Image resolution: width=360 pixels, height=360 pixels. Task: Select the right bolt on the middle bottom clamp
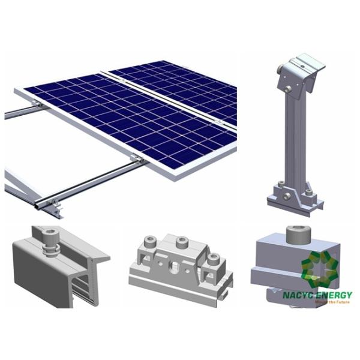pyautogui.click(x=212, y=259)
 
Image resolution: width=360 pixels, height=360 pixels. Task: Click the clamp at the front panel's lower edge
pyautogui.click(x=137, y=160)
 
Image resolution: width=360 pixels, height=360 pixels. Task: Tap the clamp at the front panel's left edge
pyautogui.click(x=37, y=105)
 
